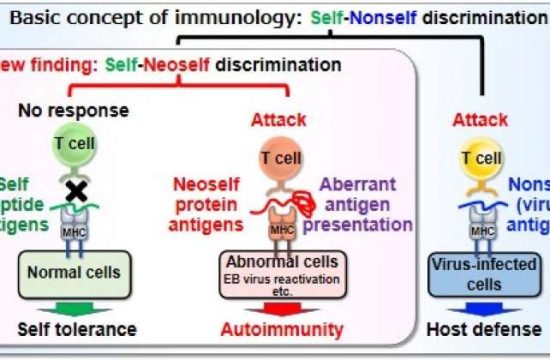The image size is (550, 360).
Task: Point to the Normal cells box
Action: (73, 271)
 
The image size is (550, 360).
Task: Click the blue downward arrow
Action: (479, 307)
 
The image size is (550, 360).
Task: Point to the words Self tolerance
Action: (77, 330)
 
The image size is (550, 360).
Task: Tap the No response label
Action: (73, 109)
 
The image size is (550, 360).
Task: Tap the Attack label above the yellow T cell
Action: (480, 120)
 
